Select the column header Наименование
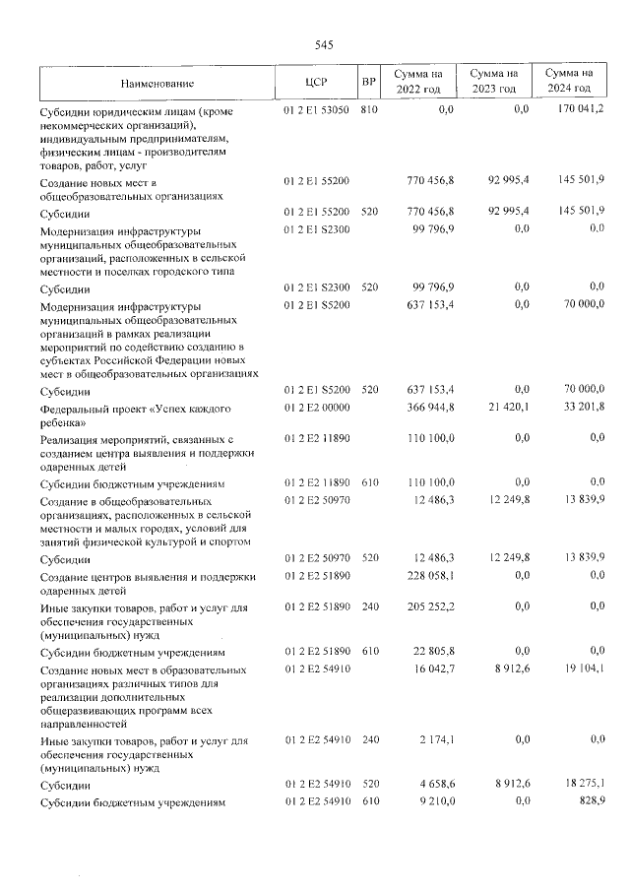point(157,83)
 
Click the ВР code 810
point(369,110)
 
